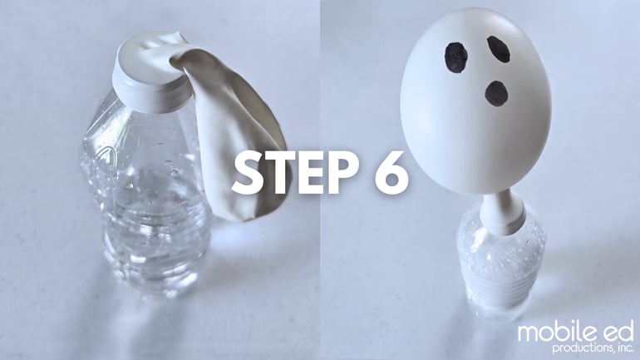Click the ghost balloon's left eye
(456, 58)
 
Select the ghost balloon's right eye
(499, 49)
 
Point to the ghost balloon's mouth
(496, 92)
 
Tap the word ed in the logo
(616, 332)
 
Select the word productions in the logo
(582, 348)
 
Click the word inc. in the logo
(624, 348)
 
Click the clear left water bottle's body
(147, 192)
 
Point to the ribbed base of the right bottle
(500, 282)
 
